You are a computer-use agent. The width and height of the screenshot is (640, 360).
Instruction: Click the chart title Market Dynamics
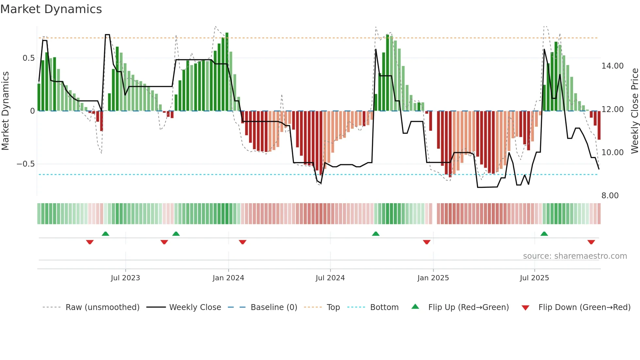pyautogui.click(x=51, y=9)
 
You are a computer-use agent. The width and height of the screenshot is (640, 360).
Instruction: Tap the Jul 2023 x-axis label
pyautogui.click(x=125, y=278)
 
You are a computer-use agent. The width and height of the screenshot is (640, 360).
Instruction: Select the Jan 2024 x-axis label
pyautogui.click(x=228, y=278)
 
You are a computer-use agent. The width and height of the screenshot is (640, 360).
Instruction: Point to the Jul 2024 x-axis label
pyautogui.click(x=330, y=278)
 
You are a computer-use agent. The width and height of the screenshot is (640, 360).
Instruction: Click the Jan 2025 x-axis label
pyautogui.click(x=433, y=278)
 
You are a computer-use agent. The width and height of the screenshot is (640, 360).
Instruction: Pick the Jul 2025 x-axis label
pyautogui.click(x=534, y=278)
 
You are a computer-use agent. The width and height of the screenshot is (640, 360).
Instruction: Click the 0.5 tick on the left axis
pyautogui.click(x=28, y=58)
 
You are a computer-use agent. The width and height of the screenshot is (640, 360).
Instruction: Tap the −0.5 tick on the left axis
pyautogui.click(x=26, y=164)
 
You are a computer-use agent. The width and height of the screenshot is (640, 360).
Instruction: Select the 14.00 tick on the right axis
pyautogui.click(x=613, y=66)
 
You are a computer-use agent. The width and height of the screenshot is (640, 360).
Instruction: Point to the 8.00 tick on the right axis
pyautogui.click(x=610, y=196)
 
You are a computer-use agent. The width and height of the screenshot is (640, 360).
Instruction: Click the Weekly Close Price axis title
pyautogui.click(x=635, y=111)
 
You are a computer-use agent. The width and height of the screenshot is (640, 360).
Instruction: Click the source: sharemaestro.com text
pyautogui.click(x=575, y=256)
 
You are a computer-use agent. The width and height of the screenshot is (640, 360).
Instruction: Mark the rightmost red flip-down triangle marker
pyautogui.click(x=591, y=242)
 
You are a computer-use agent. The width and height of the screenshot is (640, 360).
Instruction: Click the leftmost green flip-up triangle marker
pyautogui.click(x=105, y=234)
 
